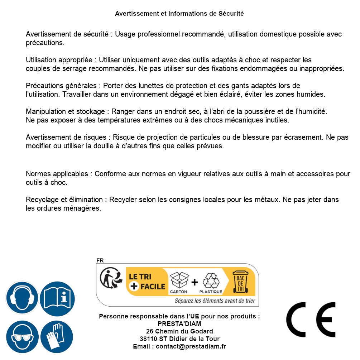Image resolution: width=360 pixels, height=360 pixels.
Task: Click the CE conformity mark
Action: coord(311,320)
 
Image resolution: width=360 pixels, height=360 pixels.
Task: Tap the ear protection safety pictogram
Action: coord(22,298)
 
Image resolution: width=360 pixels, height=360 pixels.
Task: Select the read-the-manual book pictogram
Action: coord(57,298)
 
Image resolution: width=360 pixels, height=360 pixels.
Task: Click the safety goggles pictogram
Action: coord(22,337)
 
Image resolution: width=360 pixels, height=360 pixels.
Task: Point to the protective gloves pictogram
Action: coord(57,337)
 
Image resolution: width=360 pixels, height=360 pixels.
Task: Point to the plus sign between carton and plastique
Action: coord(195,282)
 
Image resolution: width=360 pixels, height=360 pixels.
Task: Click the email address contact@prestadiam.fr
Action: coord(191,346)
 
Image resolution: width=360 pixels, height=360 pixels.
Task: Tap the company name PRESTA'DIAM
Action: coord(179,324)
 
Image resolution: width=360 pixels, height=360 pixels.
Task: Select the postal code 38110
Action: coord(149,339)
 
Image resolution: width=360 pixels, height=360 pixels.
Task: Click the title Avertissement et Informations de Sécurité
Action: coord(179,14)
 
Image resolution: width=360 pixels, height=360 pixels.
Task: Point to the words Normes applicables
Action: coord(57,174)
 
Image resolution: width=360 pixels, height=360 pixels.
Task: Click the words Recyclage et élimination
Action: coord(65,200)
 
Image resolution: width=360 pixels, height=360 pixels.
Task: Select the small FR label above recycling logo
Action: coord(100,260)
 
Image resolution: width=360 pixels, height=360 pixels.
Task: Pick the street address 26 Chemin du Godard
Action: coord(179,331)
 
